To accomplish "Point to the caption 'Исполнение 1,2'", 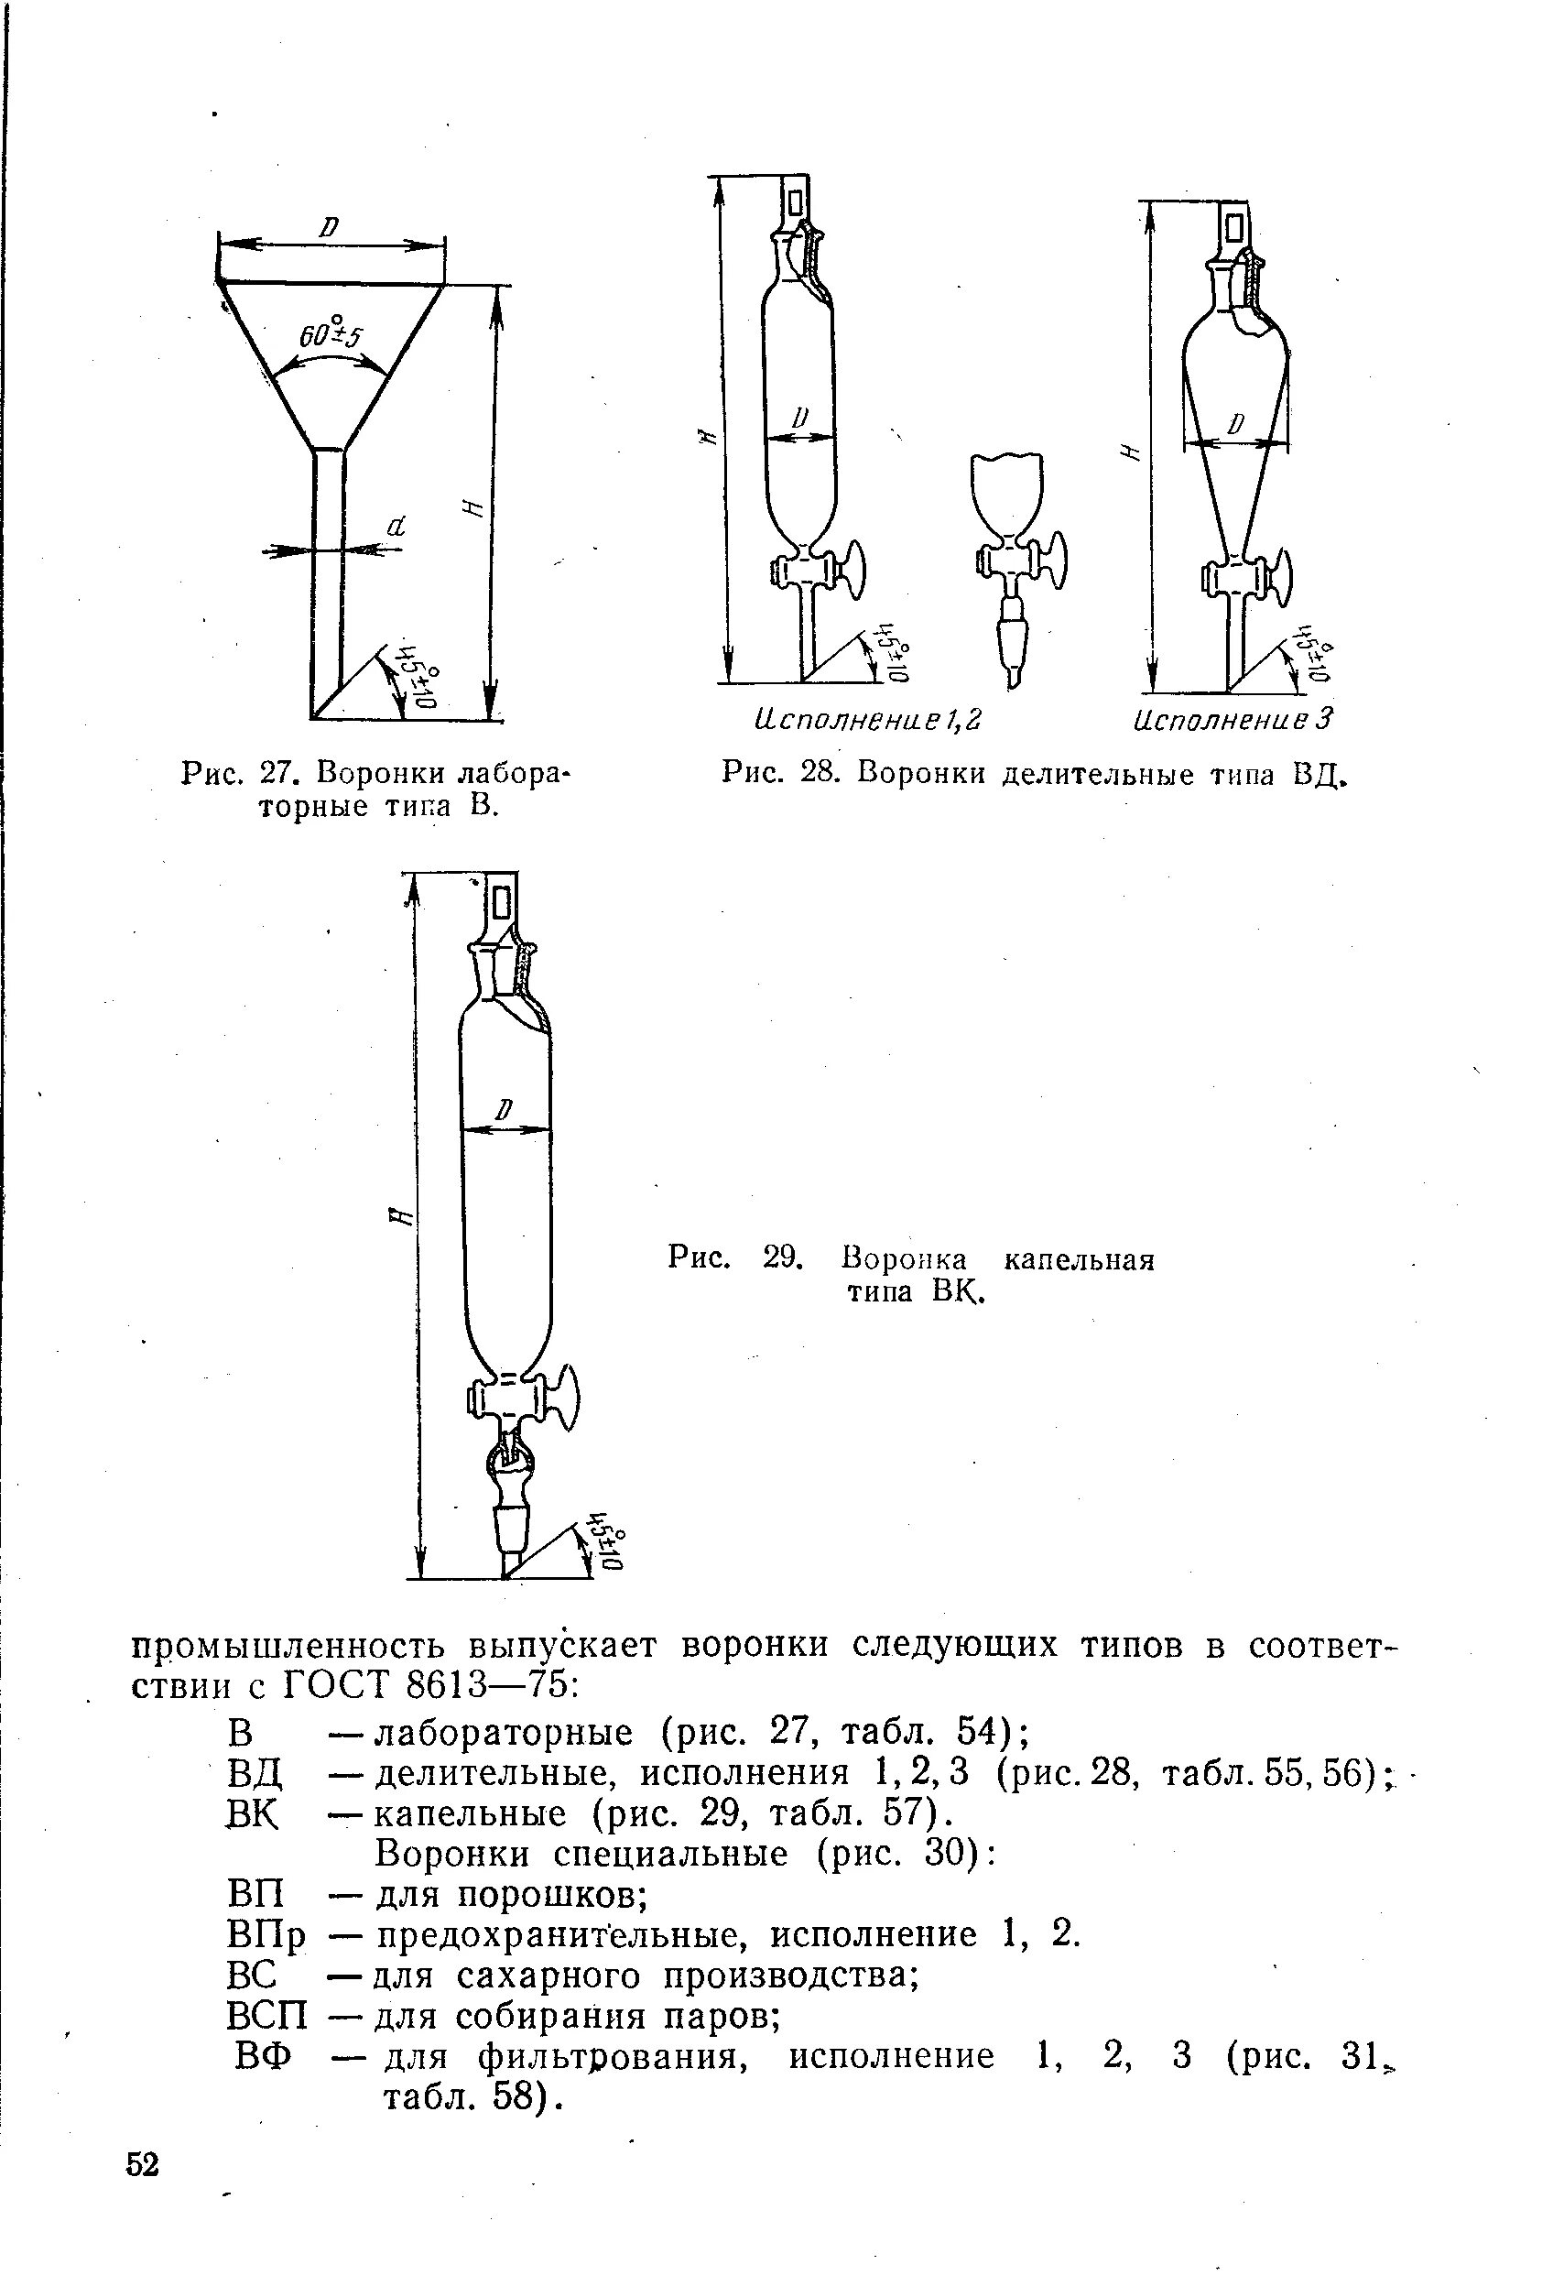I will [867, 721].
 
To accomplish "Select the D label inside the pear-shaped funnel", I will [1236, 424].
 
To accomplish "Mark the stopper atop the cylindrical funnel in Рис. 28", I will [795, 205].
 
